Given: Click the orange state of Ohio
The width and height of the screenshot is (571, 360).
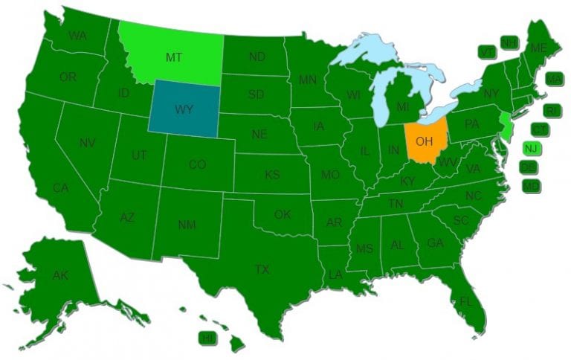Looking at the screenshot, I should pos(425,139).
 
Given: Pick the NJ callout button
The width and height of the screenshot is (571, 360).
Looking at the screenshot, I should pos(531,148).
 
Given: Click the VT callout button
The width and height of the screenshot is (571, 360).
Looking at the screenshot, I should pos(487,51).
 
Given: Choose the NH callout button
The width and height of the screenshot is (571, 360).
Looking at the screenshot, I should pos(509,42).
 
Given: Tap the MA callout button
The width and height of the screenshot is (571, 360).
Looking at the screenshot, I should pos(553,78).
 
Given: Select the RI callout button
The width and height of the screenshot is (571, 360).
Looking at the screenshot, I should pos(552,110).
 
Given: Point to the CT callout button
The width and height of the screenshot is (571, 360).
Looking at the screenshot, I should pos(540,129).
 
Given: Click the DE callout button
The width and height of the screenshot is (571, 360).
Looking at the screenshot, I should pos(529,167).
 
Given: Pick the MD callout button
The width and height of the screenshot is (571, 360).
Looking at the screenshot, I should pos(531,185).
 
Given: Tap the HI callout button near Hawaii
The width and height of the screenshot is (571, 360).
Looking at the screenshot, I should pos(207,338).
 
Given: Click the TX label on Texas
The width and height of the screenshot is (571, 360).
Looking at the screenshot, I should pos(262,269).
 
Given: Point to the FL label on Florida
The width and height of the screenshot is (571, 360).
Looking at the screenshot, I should pos(465,302).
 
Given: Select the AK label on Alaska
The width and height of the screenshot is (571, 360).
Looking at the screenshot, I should pos(60,275).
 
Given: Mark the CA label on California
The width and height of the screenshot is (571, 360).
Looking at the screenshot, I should pos(60,188).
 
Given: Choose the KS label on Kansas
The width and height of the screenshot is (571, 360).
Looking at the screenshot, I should pos(272,176).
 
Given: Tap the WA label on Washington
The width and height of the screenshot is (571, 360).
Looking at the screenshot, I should pos(77,35).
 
